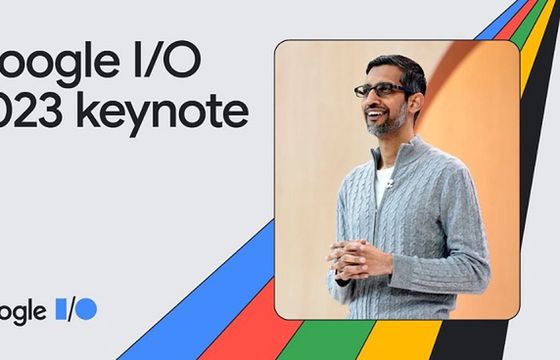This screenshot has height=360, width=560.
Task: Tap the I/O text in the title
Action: click(164, 62)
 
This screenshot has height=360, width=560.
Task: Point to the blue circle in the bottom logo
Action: click(87, 309)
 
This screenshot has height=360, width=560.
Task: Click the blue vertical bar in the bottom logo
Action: click(59, 309)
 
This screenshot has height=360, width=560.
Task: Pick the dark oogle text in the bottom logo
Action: click(23, 311)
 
